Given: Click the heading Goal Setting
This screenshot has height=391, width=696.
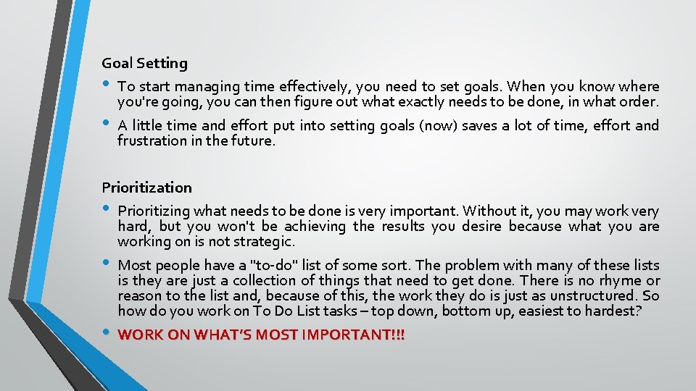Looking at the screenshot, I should tap(144, 64).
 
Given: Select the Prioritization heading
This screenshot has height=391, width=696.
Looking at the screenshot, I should tap(146, 188).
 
